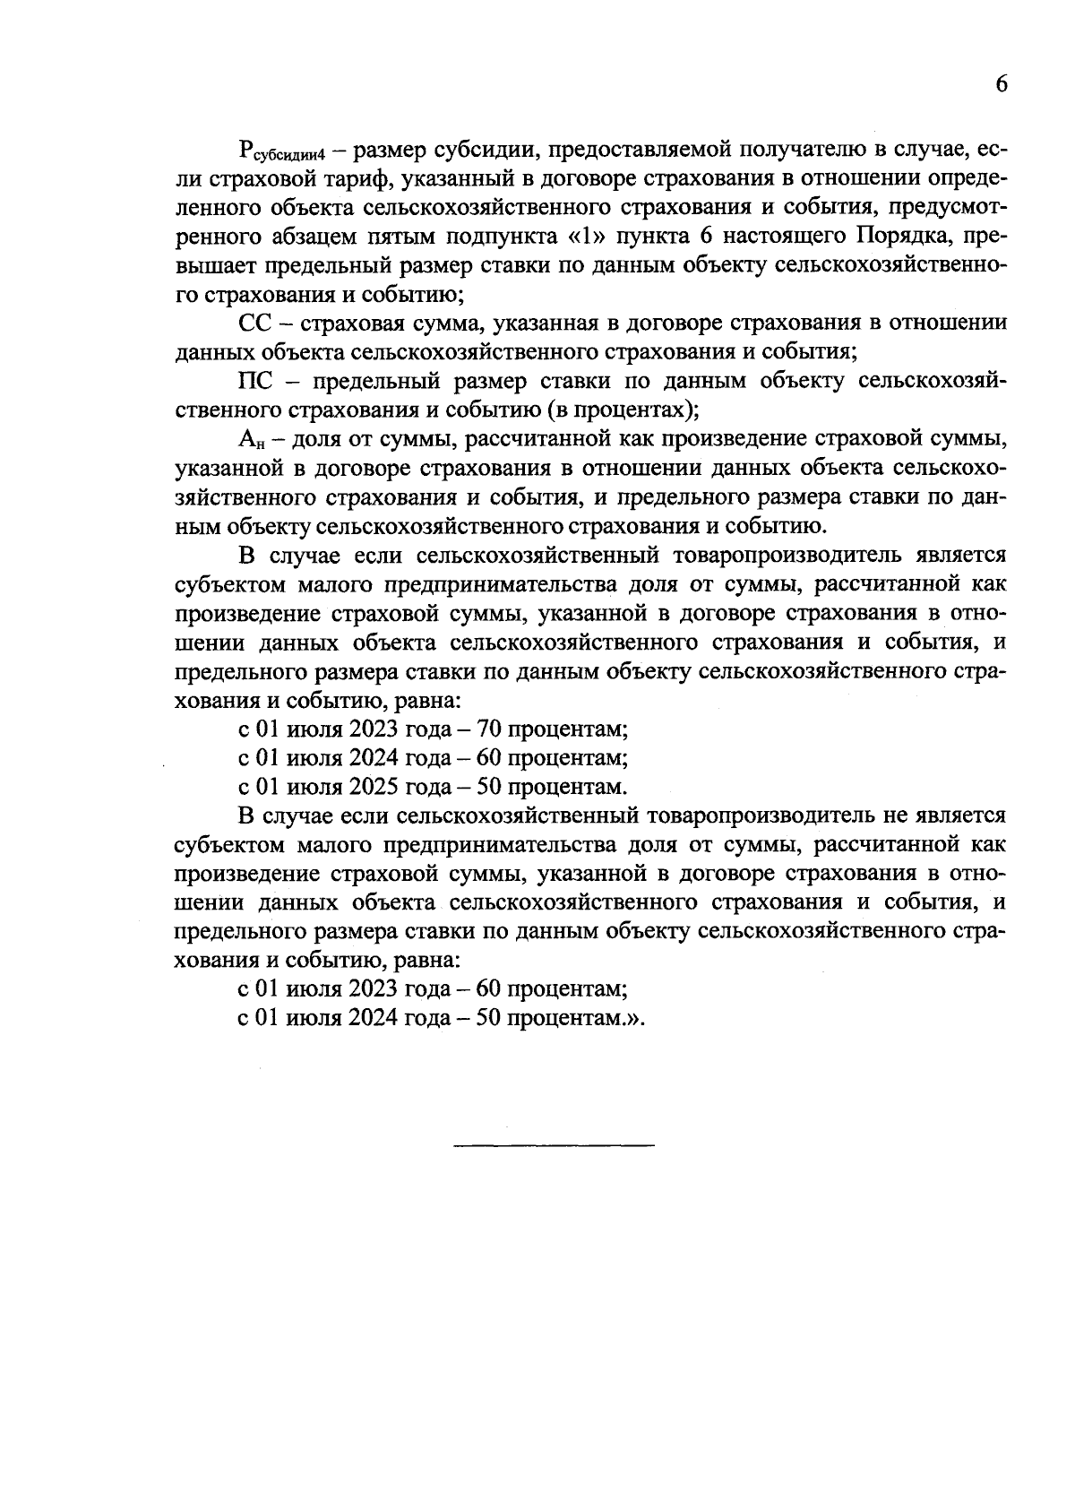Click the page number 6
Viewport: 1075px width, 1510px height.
coord(1001,84)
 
